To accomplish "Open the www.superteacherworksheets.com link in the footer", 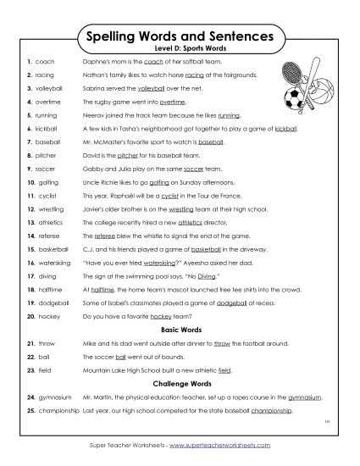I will (x=221, y=455).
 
